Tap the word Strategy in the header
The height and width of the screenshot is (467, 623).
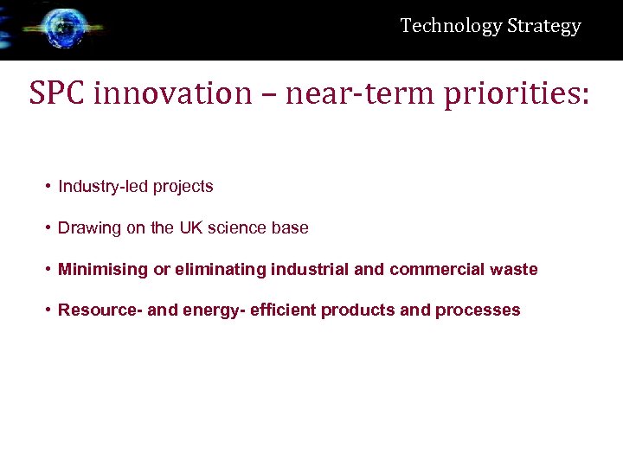(x=543, y=26)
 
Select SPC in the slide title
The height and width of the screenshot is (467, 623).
(x=57, y=93)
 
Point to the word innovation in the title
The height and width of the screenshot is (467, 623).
(x=171, y=93)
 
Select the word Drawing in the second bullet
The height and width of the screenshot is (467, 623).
(x=85, y=228)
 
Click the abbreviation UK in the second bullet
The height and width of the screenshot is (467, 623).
(x=189, y=228)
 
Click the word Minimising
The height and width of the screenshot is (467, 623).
(x=102, y=270)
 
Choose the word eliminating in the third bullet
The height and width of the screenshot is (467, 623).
(x=220, y=270)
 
